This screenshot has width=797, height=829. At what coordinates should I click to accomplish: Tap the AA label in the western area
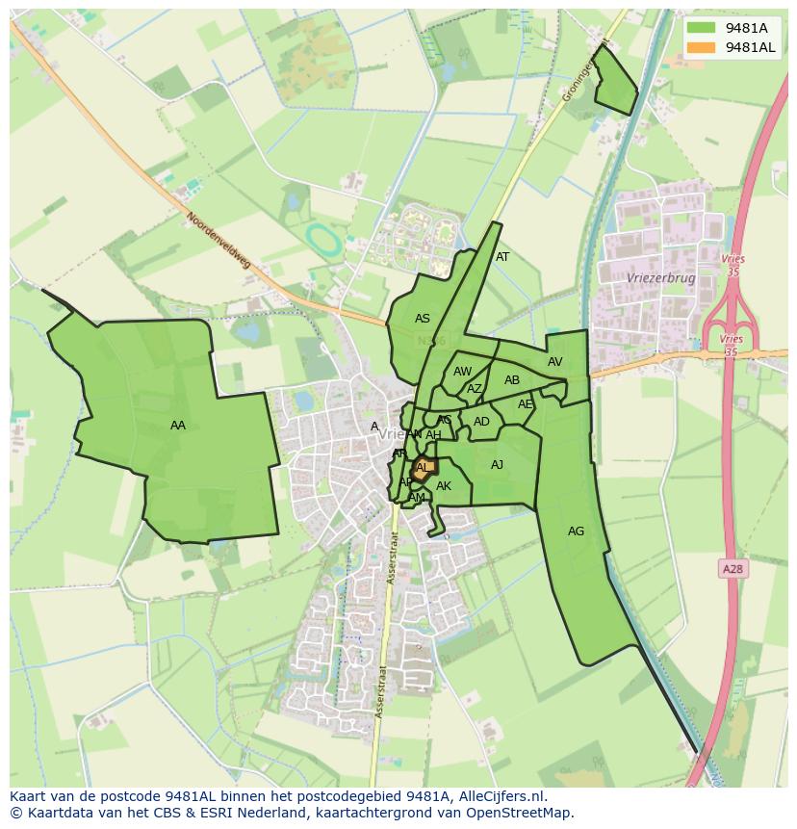pyautogui.click(x=177, y=426)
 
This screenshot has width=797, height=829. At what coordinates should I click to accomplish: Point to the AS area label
pyautogui.click(x=423, y=319)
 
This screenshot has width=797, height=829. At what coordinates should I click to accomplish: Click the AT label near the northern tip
pyautogui.click(x=502, y=257)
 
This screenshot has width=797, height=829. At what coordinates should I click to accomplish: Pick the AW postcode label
pyautogui.click(x=463, y=372)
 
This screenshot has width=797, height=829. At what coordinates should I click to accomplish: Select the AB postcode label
pyautogui.click(x=512, y=380)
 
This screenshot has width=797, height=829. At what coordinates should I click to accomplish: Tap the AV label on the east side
pyautogui.click(x=555, y=362)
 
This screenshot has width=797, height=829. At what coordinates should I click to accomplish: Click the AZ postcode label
pyautogui.click(x=475, y=389)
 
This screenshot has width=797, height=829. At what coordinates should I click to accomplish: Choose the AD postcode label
pyautogui.click(x=481, y=422)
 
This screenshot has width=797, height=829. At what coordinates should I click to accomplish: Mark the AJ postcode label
pyautogui.click(x=497, y=465)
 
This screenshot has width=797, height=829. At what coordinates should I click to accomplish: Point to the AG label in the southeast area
pyautogui.click(x=576, y=531)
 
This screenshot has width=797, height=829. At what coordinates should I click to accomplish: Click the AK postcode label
pyautogui.click(x=444, y=486)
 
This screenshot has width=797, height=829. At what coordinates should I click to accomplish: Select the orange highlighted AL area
pyautogui.click(x=424, y=468)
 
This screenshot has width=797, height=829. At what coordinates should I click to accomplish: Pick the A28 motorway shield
pyautogui.click(x=733, y=569)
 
